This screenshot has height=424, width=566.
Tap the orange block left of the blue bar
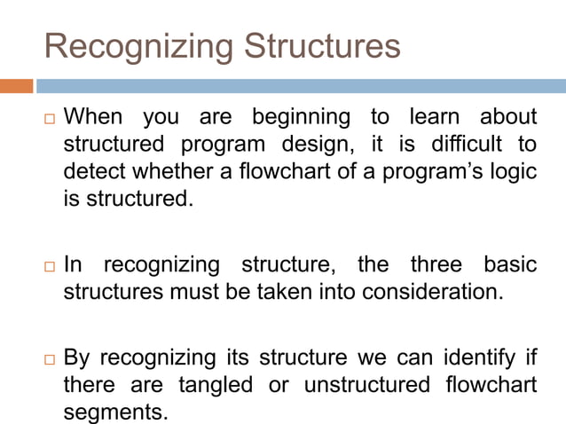pyautogui.click(x=17, y=86)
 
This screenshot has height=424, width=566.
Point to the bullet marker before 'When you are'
pyautogui.click(x=50, y=118)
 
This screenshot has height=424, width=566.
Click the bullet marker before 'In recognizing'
pyautogui.click(x=50, y=265)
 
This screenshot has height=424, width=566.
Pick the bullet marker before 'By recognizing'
pyautogui.click(x=50, y=359)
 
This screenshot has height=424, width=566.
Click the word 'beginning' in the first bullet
pyautogui.click(x=299, y=117)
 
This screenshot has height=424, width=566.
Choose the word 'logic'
pyautogui.click(x=514, y=170)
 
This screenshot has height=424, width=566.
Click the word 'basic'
pyautogui.click(x=510, y=264)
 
